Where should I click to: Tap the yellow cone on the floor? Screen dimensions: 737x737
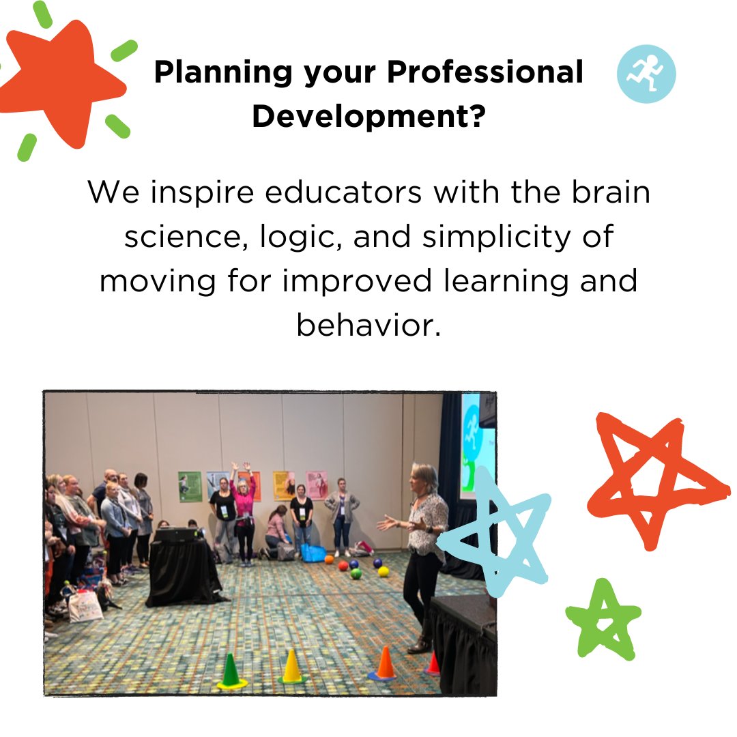point(291,667)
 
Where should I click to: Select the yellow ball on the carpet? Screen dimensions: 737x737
point(383,570)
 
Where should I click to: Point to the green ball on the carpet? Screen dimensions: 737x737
point(356,573)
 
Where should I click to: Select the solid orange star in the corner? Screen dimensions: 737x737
point(65,82)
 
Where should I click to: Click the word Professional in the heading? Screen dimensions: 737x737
point(486,72)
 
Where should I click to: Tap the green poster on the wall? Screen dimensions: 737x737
point(190,487)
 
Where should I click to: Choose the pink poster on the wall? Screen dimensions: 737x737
point(316,485)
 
